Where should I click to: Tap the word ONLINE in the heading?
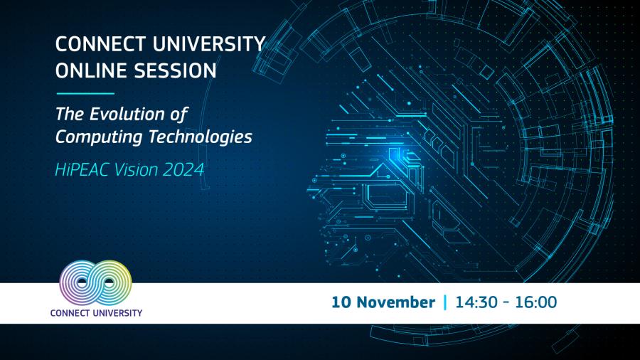[x=87, y=72]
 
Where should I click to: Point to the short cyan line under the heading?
[x=85, y=93]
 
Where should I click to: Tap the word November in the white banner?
[x=395, y=302]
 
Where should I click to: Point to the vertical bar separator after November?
[x=445, y=302]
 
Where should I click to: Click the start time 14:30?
[x=474, y=302]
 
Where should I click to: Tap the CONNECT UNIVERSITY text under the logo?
[x=96, y=312]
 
